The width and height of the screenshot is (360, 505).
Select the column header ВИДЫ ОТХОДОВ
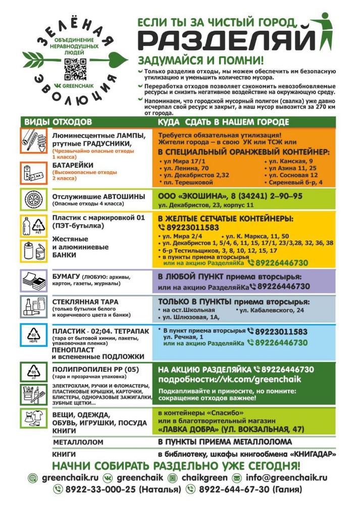[x=58, y=122]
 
